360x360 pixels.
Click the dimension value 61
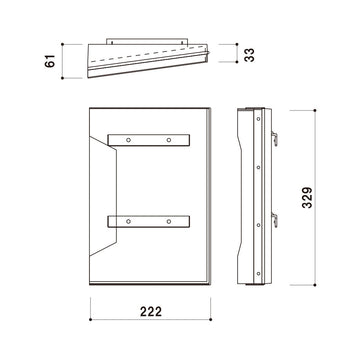[x=50, y=61]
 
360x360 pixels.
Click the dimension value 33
[x=249, y=55]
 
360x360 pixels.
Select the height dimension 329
[x=307, y=198]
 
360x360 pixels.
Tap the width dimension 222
[x=151, y=312]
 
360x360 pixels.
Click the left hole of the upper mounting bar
[x=128, y=140]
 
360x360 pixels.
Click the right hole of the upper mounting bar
[x=169, y=140]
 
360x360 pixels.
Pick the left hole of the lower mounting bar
[x=128, y=221]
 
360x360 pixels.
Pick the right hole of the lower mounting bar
[x=169, y=221]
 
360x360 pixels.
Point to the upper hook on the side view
[x=275, y=138]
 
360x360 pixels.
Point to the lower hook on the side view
[x=275, y=220]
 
